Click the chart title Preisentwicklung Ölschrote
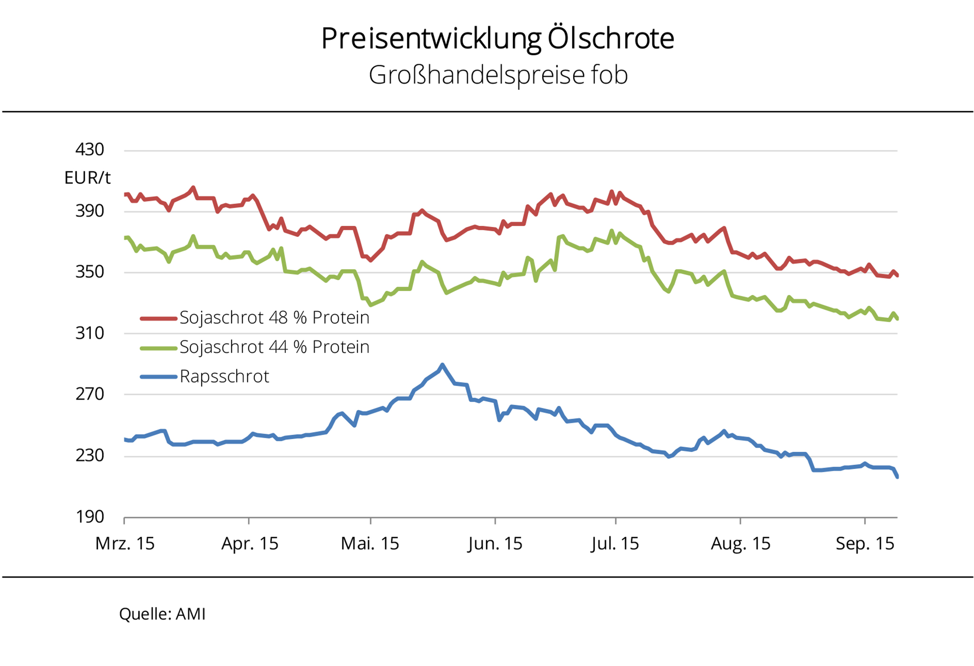tap(497, 39)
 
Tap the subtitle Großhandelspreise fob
tap(498, 75)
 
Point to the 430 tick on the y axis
tap(89, 149)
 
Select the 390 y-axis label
tap(89, 210)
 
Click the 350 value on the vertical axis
tap(89, 272)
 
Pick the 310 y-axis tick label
tap(89, 333)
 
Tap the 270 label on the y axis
tap(89, 394)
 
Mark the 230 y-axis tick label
tap(89, 455)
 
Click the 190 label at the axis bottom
tap(89, 517)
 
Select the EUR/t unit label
tap(87, 178)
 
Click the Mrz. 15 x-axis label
tap(125, 543)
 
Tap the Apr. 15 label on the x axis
tap(250, 543)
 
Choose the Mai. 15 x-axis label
tap(370, 543)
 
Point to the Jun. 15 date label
tap(495, 543)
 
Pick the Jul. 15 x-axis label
tap(615, 543)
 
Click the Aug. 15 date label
tap(740, 543)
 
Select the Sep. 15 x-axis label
tap(865, 543)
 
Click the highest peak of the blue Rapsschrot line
tap(442, 365)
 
